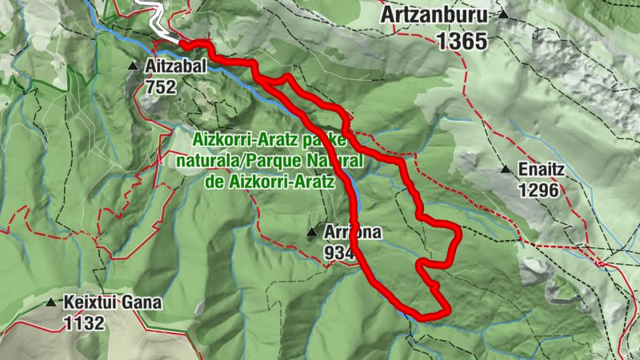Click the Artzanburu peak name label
[x=435, y=15]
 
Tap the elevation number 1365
[x=462, y=41]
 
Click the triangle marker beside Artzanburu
[x=503, y=14]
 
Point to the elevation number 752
[x=161, y=88]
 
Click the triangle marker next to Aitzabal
[x=133, y=66]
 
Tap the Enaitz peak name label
[x=542, y=170]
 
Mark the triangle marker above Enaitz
[x=506, y=169]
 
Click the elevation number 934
[x=340, y=253]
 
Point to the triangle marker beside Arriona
[x=312, y=233]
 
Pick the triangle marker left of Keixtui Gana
[x=51, y=302]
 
